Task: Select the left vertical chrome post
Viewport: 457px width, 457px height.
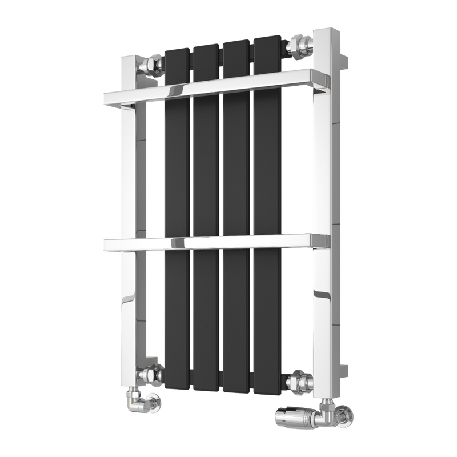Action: point(130,228)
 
